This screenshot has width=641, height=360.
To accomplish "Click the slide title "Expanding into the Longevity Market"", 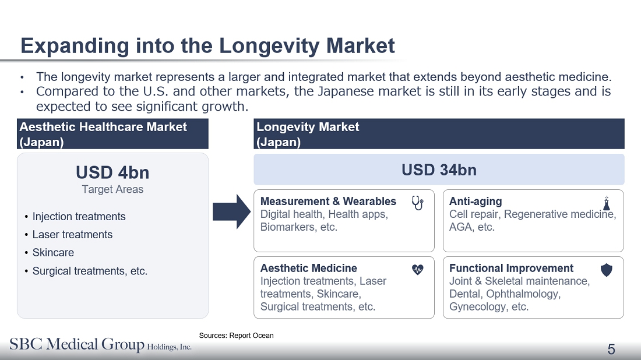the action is (x=207, y=45).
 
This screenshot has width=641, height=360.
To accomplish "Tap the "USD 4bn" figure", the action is (x=112, y=172).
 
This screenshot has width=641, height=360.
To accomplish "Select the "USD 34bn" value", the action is (x=439, y=170).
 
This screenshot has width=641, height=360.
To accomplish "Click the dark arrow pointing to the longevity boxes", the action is (x=231, y=211).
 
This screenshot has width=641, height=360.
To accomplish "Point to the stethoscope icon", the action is (x=417, y=203).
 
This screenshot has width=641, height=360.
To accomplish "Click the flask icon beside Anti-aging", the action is (x=607, y=203).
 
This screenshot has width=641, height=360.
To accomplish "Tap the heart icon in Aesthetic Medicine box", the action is (x=417, y=269).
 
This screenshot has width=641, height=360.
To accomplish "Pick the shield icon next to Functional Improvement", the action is (x=607, y=270).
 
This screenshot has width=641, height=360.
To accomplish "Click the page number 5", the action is (x=611, y=349).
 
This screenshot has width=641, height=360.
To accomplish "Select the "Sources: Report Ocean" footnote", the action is (x=236, y=336).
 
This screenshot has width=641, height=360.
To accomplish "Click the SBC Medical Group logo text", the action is (x=101, y=344).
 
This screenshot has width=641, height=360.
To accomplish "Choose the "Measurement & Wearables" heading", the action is (x=328, y=202).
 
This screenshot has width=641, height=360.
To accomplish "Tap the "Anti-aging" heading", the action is (x=476, y=202).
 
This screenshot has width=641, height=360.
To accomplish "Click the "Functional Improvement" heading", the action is (x=512, y=268).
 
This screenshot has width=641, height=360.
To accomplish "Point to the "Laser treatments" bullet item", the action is (x=72, y=235).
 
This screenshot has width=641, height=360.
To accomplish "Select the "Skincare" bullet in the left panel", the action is (x=53, y=253).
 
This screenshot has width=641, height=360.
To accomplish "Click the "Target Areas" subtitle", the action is (x=112, y=189).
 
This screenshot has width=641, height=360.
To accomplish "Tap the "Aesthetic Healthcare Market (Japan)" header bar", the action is (x=112, y=134).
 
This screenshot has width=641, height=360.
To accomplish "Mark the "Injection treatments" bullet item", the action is (x=79, y=217).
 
